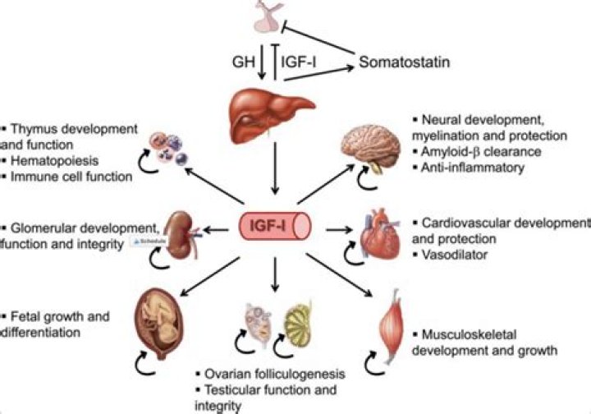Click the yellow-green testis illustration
tap(300, 324)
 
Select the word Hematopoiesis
tap(45, 161)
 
